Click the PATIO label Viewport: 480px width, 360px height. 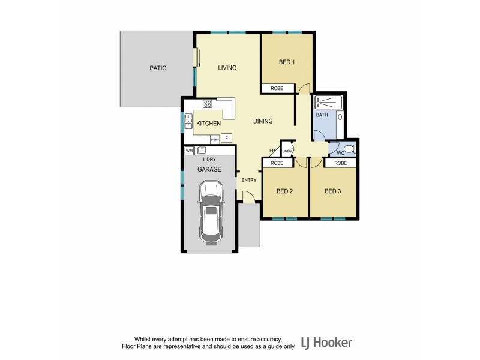click(x=158, y=68)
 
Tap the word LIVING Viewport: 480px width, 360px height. click(x=227, y=68)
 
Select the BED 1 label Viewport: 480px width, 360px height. click(x=287, y=62)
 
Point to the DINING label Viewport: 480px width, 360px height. click(x=263, y=121)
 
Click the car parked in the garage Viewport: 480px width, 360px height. click(x=211, y=213)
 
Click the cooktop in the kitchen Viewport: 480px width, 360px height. click(x=208, y=104)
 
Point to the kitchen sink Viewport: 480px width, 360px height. click(x=188, y=123)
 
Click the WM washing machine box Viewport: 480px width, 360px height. click(x=190, y=151)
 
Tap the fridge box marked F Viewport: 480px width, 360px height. click(x=226, y=138)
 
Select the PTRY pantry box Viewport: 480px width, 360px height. click(x=214, y=139)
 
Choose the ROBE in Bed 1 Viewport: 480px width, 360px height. click(x=277, y=88)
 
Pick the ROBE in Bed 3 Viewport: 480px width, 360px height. click(x=340, y=163)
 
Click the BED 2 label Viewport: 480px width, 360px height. click(x=284, y=191)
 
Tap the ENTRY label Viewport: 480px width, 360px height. click(x=249, y=180)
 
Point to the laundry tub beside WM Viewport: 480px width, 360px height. click(x=203, y=150)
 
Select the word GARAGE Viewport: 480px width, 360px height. click(x=209, y=169)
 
